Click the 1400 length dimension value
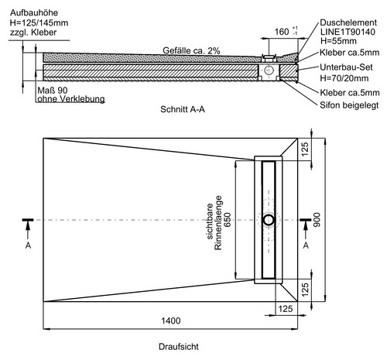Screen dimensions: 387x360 click(171, 321)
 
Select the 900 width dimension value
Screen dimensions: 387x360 click(317, 220)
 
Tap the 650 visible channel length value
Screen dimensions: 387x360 click(228, 220)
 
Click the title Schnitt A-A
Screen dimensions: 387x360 click(183, 109)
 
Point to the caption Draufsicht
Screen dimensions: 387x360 click(179, 347)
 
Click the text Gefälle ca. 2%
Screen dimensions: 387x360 click(191, 50)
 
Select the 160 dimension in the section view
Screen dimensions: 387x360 click(282, 32)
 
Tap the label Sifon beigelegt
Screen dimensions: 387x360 click(349, 105)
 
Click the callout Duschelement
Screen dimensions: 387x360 click(348, 22)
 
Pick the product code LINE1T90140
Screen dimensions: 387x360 click(348, 32)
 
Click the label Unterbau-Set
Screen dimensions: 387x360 click(346, 67)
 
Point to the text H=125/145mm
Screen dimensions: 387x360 click(39, 22)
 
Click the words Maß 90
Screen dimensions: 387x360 click(53, 91)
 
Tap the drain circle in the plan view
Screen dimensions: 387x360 click(269, 220)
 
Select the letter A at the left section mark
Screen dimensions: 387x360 click(28, 245)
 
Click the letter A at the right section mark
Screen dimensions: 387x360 click(306, 245)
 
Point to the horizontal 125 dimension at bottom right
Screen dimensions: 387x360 click(286, 309)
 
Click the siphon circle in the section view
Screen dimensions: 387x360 click(269, 70)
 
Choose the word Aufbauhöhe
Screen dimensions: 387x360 click(34, 13)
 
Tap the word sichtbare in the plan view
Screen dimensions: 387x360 click(210, 221)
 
